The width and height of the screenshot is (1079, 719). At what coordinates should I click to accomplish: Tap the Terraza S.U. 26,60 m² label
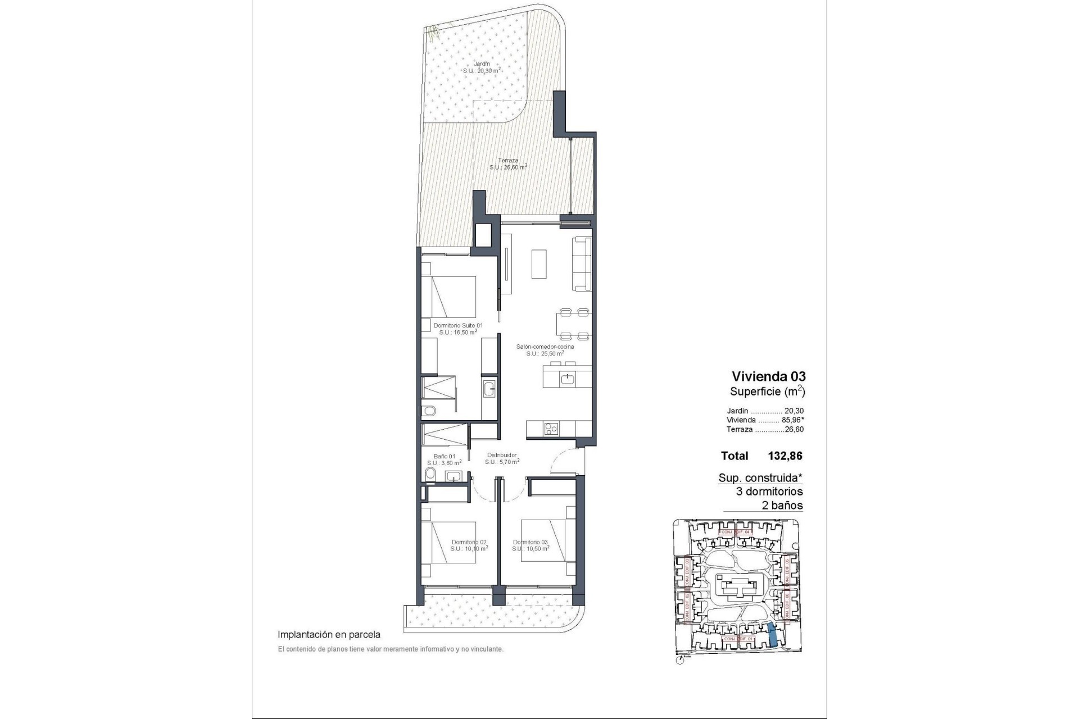coord(507,163)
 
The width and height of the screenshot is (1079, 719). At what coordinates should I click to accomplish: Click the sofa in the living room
coord(582,264)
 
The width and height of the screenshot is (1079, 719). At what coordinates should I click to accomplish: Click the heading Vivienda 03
coord(768,376)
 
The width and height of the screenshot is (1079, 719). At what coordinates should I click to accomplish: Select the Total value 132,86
coord(785,456)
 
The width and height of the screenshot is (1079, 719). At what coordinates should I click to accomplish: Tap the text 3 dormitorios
coord(769,492)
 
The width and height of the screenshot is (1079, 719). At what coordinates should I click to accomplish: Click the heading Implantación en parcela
coord(329,635)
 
